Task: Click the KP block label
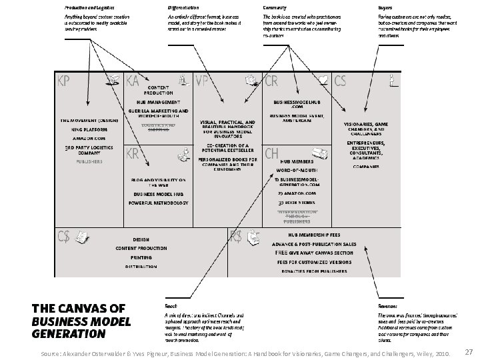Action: pyautogui.click(x=65, y=81)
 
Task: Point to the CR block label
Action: pyautogui.click(x=272, y=81)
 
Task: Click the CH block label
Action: pyautogui.click(x=272, y=154)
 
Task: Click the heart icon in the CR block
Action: pyautogui.click(x=323, y=80)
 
